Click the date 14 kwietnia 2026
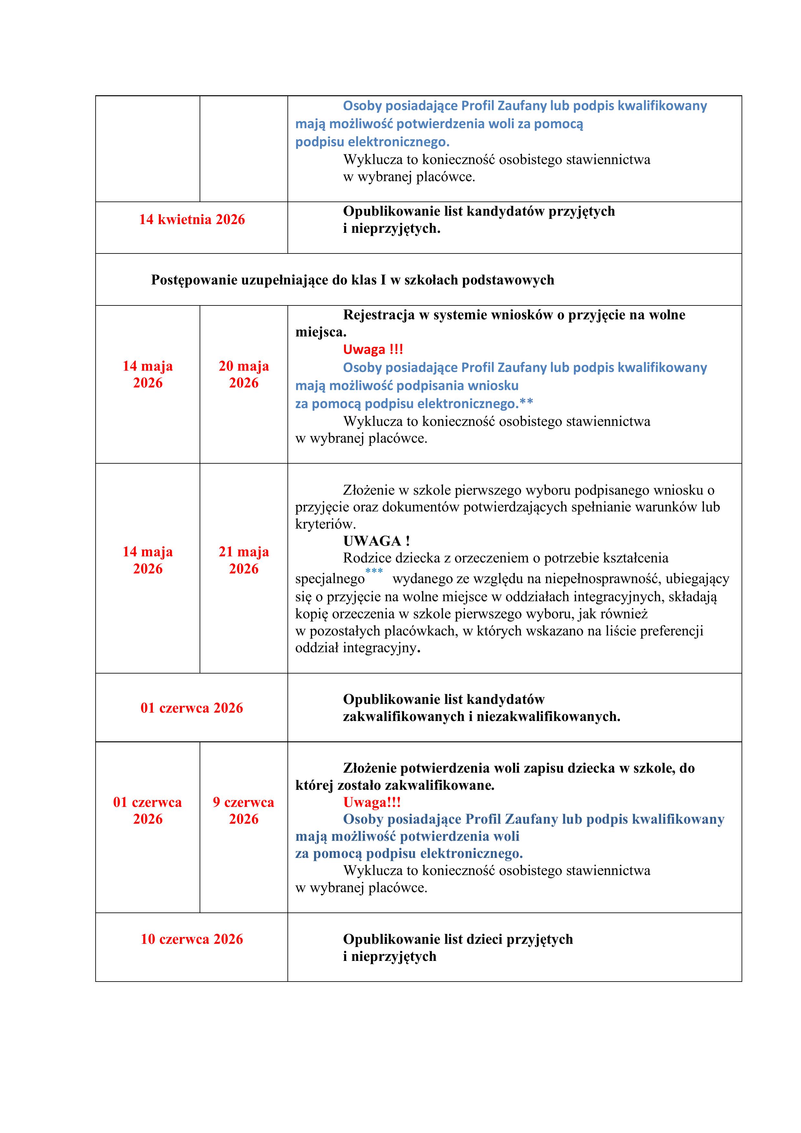coord(192,220)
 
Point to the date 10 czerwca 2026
coord(192,939)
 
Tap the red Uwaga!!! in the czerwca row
coord(372,802)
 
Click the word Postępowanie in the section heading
coord(194,280)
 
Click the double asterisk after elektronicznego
coord(526,403)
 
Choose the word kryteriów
coord(325,524)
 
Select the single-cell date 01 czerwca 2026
coord(192,708)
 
